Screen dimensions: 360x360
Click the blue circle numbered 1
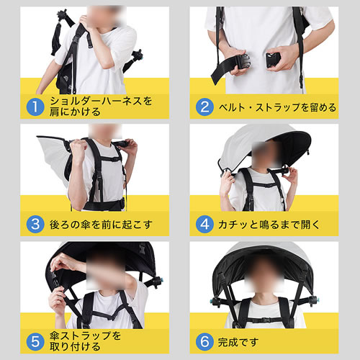point(35,107)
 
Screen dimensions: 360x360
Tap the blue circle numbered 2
point(204,107)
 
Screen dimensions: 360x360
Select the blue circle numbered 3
point(35,225)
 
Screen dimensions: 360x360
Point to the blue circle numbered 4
point(204,225)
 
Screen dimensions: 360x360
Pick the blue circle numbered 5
point(35,341)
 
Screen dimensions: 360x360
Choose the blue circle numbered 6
point(204,341)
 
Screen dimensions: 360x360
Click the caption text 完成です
point(238,342)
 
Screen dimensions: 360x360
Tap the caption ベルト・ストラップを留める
point(277,107)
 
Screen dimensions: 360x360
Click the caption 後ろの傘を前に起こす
point(101,225)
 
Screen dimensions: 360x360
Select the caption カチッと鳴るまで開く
point(269,225)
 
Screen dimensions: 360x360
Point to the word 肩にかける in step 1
point(75,112)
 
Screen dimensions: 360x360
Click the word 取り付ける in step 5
point(75,346)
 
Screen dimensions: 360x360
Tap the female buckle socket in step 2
point(273,60)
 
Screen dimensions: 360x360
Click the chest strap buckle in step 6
point(265,320)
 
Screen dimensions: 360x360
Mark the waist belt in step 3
point(104,205)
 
